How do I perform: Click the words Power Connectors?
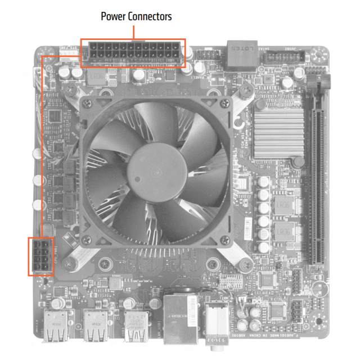tap(136, 16)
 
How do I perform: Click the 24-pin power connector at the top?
tap(133, 53)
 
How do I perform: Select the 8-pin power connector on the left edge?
tap(41, 256)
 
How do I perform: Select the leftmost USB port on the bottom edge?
tap(56, 326)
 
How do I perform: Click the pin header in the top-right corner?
tap(285, 57)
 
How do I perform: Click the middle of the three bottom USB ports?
tap(96, 326)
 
